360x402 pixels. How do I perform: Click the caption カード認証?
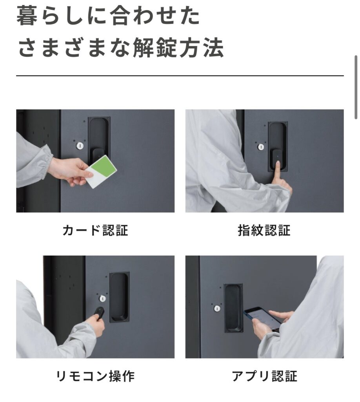click(x=95, y=230)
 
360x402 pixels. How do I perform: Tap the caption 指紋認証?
click(x=264, y=230)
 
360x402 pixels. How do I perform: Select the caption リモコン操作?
click(x=95, y=376)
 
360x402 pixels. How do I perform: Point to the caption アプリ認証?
click(x=264, y=376)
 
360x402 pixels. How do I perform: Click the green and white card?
click(x=101, y=171)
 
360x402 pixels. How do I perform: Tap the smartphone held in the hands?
click(x=262, y=319)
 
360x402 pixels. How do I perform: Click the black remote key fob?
click(x=99, y=313)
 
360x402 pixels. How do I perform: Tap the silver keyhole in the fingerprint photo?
click(x=261, y=147)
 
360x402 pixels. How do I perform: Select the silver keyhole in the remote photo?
click(x=102, y=298)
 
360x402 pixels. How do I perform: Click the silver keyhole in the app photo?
click(x=217, y=308)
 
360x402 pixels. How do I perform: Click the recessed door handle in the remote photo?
click(x=119, y=297)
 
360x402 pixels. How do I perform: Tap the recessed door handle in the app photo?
click(x=233, y=308)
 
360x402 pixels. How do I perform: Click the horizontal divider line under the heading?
click(x=180, y=76)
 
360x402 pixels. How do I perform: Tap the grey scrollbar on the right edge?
click(x=356, y=87)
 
